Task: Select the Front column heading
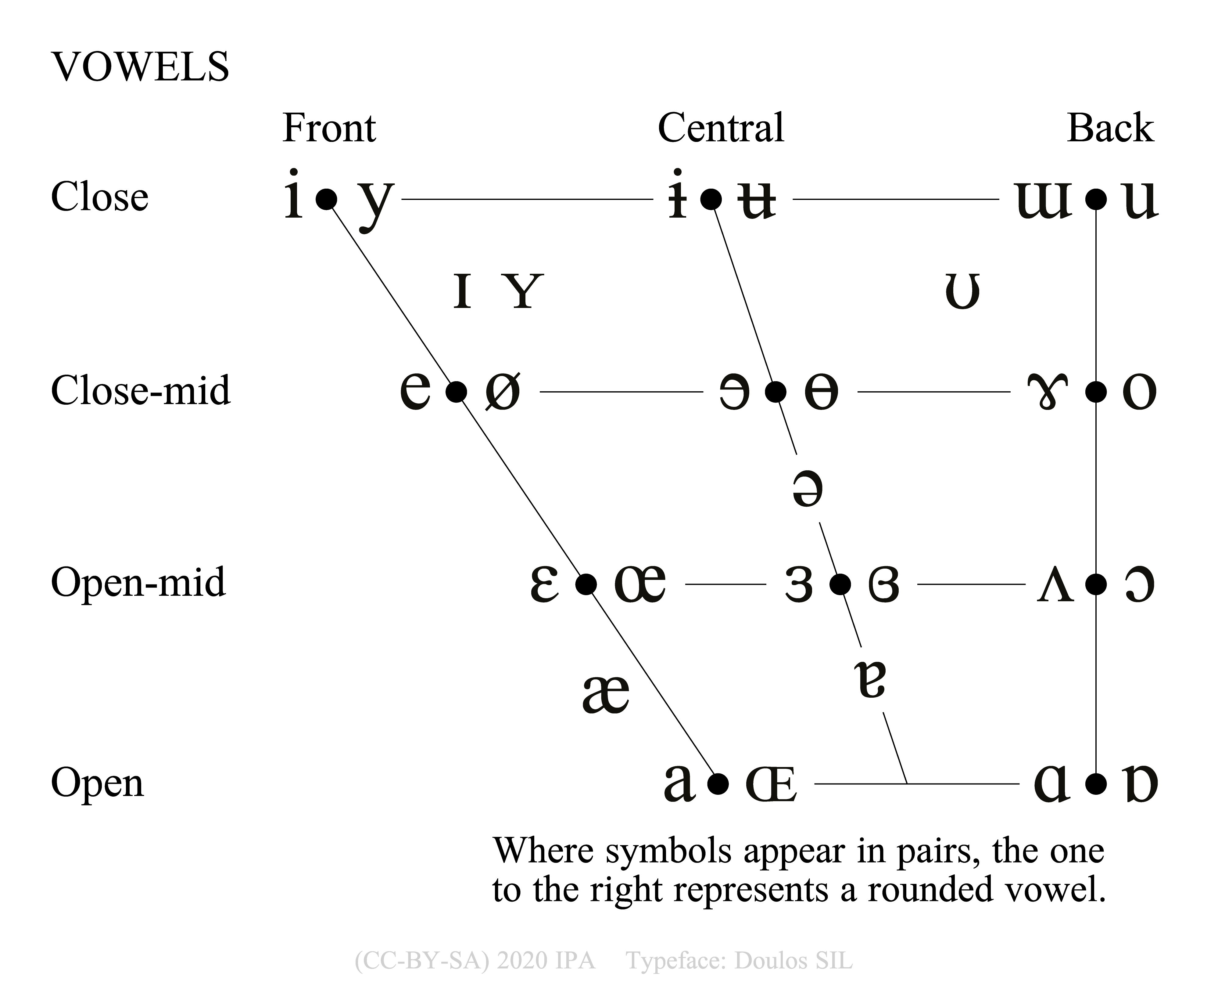(x=329, y=128)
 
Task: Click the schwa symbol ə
(x=807, y=489)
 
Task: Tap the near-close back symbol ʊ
(x=962, y=291)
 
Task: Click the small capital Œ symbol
(x=771, y=785)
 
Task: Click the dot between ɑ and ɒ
(x=1096, y=784)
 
